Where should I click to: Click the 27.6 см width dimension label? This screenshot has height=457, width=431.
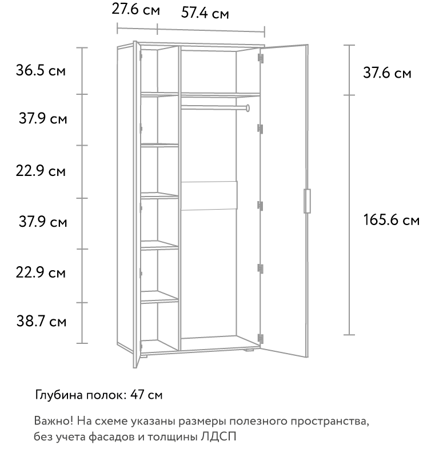[x=135, y=9]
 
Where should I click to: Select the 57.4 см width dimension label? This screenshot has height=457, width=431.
[x=205, y=13]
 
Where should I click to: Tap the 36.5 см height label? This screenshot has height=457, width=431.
[x=41, y=70]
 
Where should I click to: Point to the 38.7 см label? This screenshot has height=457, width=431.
[x=41, y=322]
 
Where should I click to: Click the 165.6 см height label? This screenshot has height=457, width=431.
[x=392, y=220]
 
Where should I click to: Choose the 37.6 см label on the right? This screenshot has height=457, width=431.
[x=387, y=73]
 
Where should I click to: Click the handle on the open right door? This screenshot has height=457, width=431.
[x=307, y=201]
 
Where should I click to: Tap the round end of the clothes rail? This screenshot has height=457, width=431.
[x=248, y=108]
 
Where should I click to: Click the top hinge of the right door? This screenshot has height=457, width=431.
[x=261, y=58]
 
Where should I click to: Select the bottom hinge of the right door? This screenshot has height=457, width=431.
[x=261, y=339]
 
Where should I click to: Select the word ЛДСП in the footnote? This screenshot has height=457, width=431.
[x=218, y=437]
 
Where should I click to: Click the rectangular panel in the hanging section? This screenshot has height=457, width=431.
[x=209, y=195]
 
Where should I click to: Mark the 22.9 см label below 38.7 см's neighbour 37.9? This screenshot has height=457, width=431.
[x=41, y=273]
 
